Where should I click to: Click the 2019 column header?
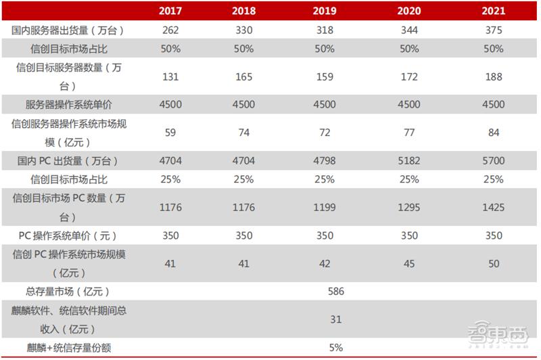[x=325, y=12]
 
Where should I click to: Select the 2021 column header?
[x=494, y=12]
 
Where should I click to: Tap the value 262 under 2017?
[x=170, y=30]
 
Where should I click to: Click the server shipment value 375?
[x=494, y=30]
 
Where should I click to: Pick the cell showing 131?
[x=170, y=77]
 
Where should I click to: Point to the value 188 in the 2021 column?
[x=494, y=77]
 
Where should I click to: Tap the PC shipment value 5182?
[x=410, y=161]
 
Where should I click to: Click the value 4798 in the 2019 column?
[x=325, y=161]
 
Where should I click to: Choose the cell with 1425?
[x=494, y=208]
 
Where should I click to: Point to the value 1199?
[x=325, y=208]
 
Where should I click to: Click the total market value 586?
[x=335, y=292]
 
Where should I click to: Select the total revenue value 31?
[x=335, y=319]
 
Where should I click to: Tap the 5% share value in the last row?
[x=335, y=348]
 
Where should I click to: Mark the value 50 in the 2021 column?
[x=494, y=264]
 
